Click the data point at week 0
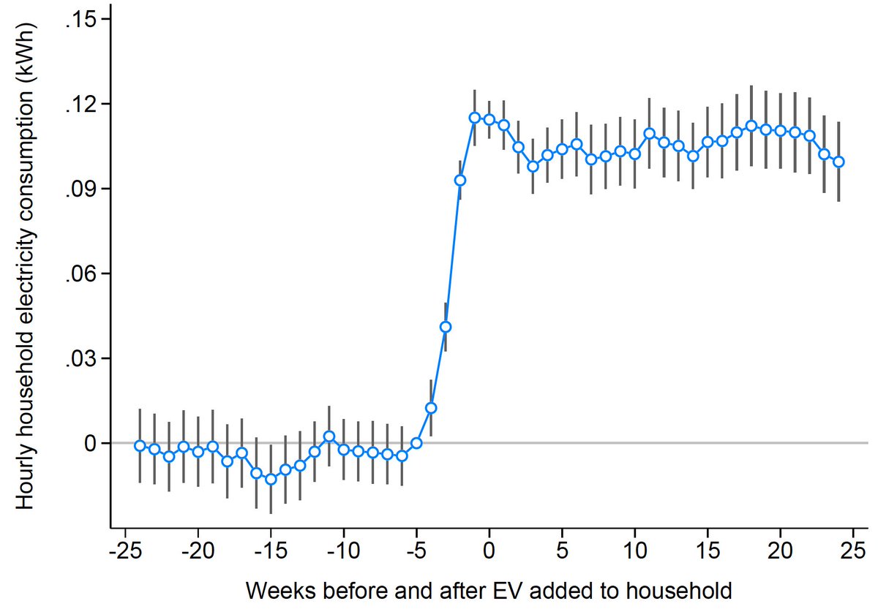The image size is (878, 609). click(x=489, y=120)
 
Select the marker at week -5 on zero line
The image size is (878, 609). click(x=416, y=443)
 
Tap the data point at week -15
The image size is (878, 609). click(x=271, y=480)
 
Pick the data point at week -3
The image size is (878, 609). click(x=446, y=327)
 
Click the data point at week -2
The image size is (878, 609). click(x=460, y=180)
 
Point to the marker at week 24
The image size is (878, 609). click(x=838, y=162)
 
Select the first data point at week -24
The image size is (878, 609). click(x=140, y=445)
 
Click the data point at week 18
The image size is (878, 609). click(x=751, y=126)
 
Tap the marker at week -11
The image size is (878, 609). click(x=329, y=436)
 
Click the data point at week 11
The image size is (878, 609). click(x=649, y=134)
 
